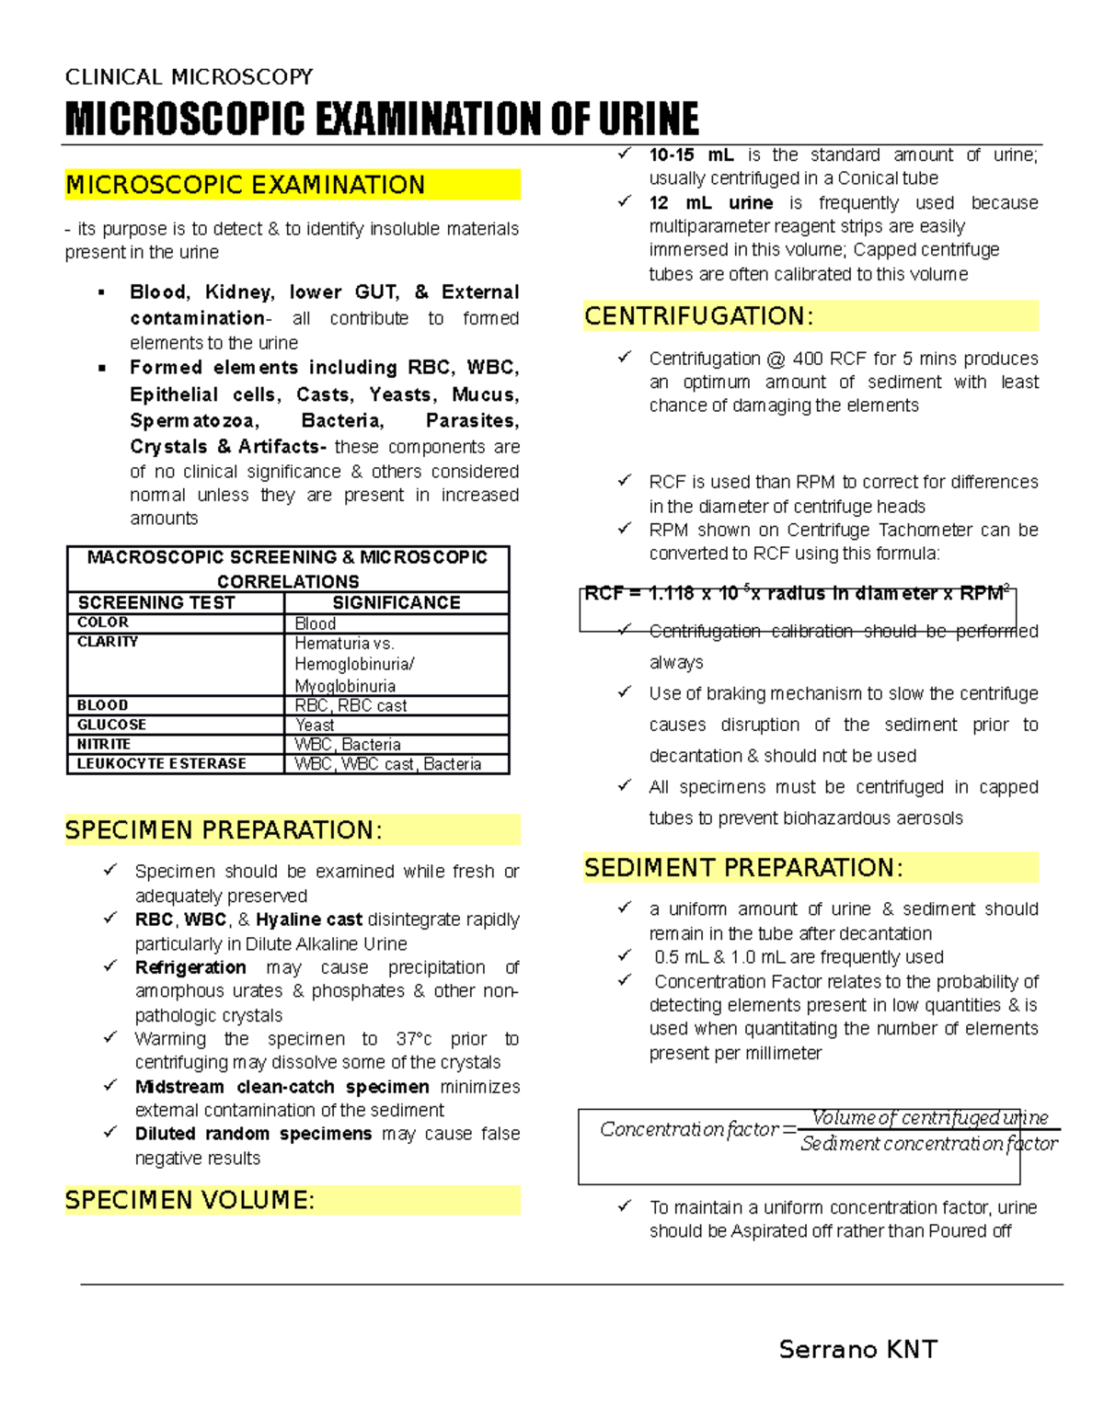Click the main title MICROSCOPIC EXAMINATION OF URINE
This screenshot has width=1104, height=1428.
point(381,120)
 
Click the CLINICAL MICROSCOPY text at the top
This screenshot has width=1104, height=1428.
point(189,76)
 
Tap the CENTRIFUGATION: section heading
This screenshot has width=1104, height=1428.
point(698,316)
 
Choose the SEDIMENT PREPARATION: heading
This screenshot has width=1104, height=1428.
point(743,868)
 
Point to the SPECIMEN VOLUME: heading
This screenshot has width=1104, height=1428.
point(190,1200)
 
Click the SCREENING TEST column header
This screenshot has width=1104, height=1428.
point(156,603)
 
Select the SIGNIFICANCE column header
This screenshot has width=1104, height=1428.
point(397,603)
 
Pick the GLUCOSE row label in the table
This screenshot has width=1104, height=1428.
point(111,725)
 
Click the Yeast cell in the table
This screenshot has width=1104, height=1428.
point(315,725)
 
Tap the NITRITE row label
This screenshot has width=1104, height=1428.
point(103,744)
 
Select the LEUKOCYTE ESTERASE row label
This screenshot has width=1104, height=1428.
point(161,763)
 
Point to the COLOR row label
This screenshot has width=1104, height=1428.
point(102,623)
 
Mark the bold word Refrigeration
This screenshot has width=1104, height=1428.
point(190,967)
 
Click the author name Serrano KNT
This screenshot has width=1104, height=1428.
point(857,1349)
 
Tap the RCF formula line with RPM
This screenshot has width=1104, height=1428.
point(797,594)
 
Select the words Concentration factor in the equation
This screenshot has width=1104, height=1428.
point(689,1129)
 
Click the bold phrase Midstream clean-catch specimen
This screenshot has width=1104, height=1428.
point(282,1087)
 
